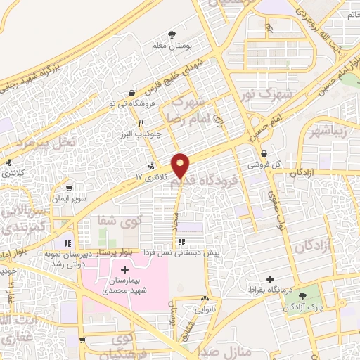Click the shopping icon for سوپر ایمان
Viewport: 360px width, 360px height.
coord(68,188)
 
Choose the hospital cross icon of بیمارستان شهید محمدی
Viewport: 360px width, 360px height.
coord(125,270)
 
